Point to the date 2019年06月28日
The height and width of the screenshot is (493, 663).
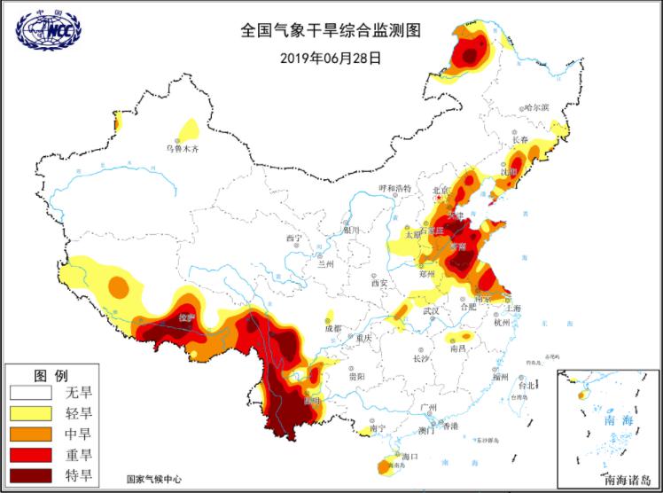(x=330, y=58)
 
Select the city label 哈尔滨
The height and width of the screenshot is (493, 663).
(x=536, y=107)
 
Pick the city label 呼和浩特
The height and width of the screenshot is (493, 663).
(x=395, y=189)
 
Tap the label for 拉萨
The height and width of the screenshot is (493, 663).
(x=185, y=317)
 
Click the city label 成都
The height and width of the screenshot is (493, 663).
(x=332, y=329)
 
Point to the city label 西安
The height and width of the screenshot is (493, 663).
(x=380, y=284)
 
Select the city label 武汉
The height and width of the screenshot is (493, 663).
(x=432, y=311)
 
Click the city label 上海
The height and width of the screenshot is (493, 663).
(x=511, y=308)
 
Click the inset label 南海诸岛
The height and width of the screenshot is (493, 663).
(x=627, y=481)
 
